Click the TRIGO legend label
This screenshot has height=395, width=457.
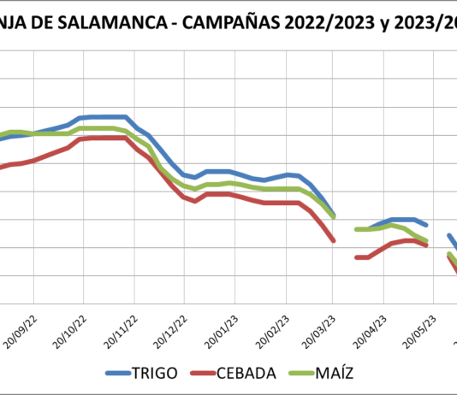coord(155,373)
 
